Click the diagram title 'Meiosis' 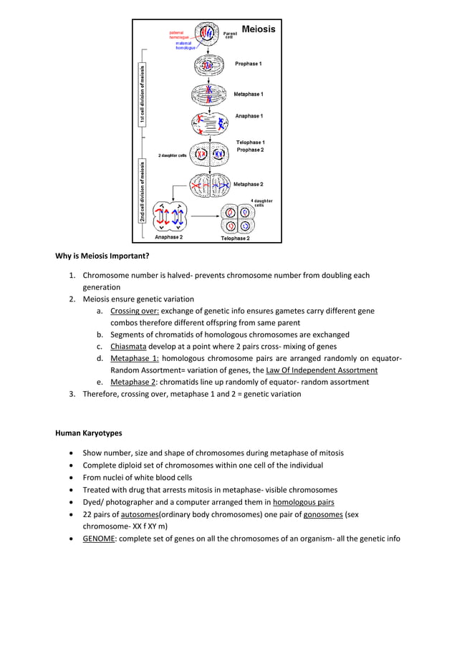pyautogui.click(x=258, y=29)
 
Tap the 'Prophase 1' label pyautogui.click(x=248, y=64)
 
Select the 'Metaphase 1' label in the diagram pyautogui.click(x=248, y=94)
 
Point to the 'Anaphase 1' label pyautogui.click(x=249, y=116)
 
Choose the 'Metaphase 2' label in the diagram pyautogui.click(x=248, y=184)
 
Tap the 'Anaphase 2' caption pyautogui.click(x=168, y=237)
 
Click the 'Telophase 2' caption pyautogui.click(x=235, y=238)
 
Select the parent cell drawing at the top pyautogui.click(x=208, y=33)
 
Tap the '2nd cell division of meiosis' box pyautogui.click(x=143, y=191)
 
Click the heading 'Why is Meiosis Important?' pyautogui.click(x=102, y=256)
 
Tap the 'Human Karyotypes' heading pyautogui.click(x=88, y=433)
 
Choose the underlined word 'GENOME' pyautogui.click(x=98, y=539)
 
